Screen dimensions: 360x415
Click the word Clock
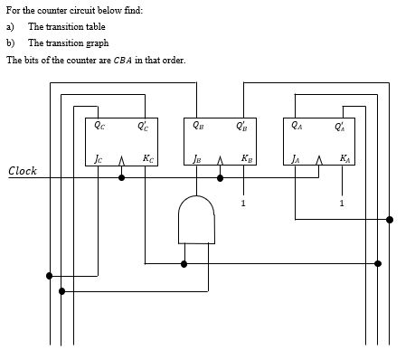[x=23, y=171]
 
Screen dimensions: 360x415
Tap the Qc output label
[x=99, y=127]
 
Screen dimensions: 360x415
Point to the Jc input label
[x=99, y=160]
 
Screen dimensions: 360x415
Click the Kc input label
[x=146, y=159]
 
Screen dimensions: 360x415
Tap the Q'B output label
[x=241, y=127]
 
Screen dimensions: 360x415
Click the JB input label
[x=196, y=160]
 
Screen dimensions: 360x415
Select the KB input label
[x=246, y=159]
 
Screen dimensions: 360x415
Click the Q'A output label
[x=339, y=127]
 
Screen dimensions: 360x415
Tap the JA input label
[x=296, y=160]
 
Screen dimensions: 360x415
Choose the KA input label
[x=344, y=159]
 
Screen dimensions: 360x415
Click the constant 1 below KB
[x=243, y=203]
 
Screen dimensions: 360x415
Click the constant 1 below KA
[x=342, y=203]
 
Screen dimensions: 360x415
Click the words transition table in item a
[x=67, y=26]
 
